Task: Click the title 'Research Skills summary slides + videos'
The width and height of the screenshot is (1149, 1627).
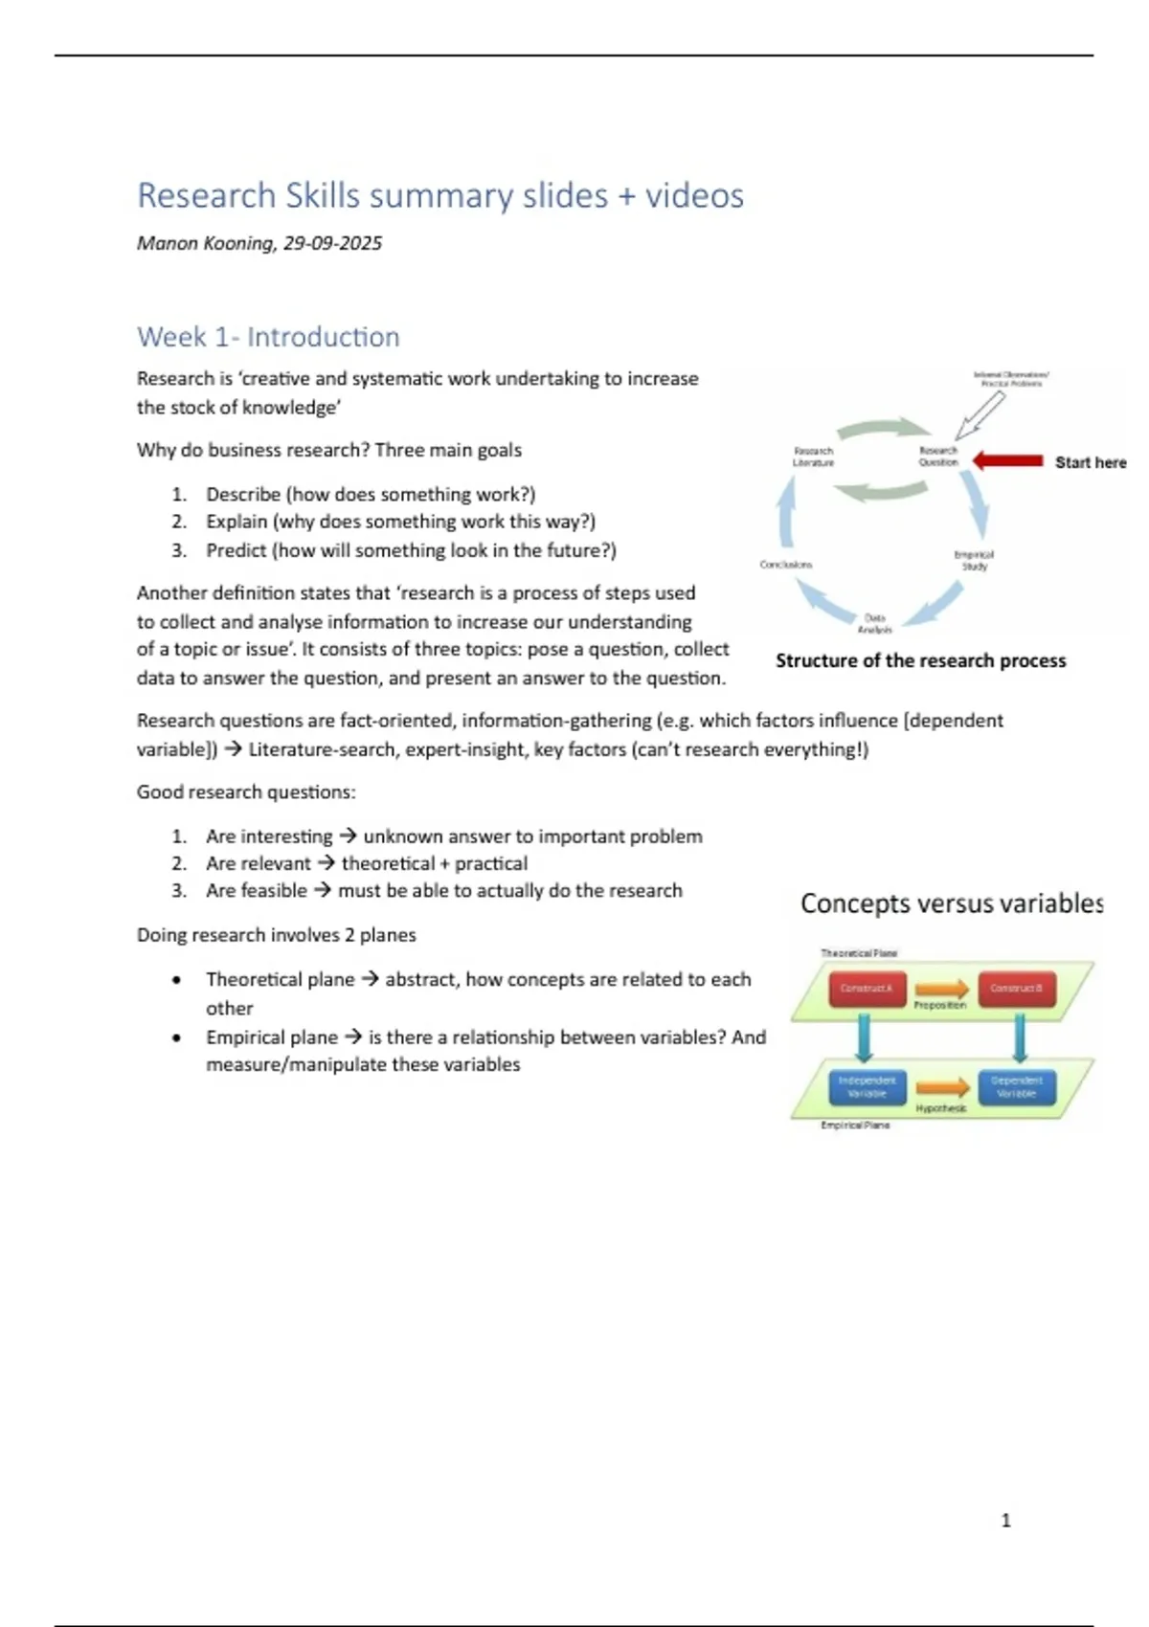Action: pyautogui.click(x=439, y=195)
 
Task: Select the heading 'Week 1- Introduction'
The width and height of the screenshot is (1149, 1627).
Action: pyautogui.click(x=268, y=337)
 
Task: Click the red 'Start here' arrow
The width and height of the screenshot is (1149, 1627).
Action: pyautogui.click(x=1007, y=461)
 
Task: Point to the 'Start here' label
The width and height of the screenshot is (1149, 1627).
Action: pyautogui.click(x=1090, y=462)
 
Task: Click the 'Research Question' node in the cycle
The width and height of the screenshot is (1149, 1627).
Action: pyautogui.click(x=937, y=457)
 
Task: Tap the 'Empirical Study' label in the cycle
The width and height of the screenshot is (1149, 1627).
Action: pyautogui.click(x=974, y=560)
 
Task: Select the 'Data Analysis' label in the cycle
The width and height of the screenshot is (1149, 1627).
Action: pyautogui.click(x=875, y=624)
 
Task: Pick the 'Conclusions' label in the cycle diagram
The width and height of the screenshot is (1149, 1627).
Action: pyautogui.click(x=785, y=565)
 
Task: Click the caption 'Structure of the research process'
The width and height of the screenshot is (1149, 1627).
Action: pyautogui.click(x=920, y=660)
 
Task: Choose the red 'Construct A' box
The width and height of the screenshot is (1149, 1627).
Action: pyautogui.click(x=867, y=989)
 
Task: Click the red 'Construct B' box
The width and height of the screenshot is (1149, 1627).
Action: pyautogui.click(x=1016, y=989)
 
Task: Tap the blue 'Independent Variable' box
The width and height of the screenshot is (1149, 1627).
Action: pyautogui.click(x=867, y=1086)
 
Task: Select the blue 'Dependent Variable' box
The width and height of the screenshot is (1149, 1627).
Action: pyautogui.click(x=1016, y=1086)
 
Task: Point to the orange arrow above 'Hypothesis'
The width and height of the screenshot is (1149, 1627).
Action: pyautogui.click(x=942, y=1087)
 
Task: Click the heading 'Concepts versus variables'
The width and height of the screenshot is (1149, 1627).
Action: pyautogui.click(x=951, y=903)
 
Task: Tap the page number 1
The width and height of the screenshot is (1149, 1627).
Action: pyautogui.click(x=1005, y=1520)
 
